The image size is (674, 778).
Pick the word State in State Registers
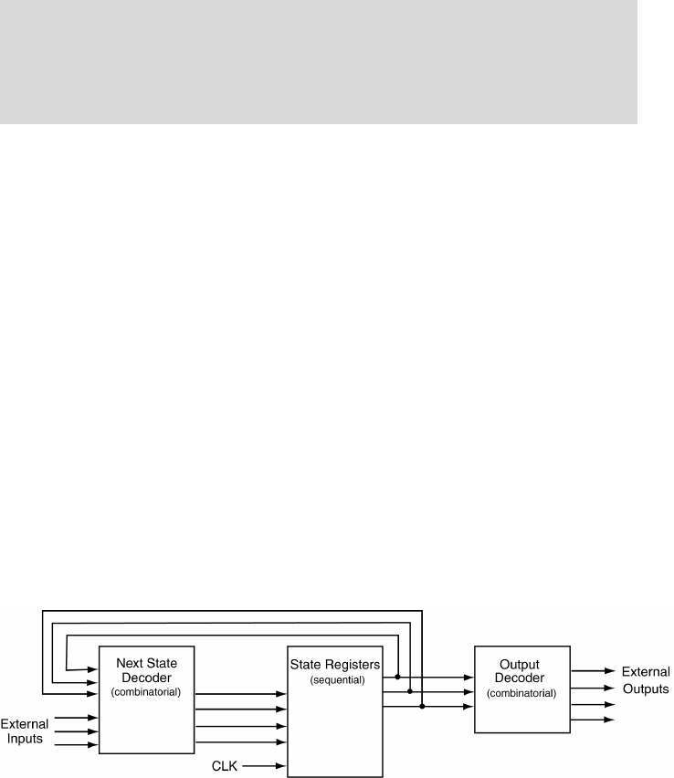(306, 665)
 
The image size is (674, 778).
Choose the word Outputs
(647, 688)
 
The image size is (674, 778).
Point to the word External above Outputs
(647, 672)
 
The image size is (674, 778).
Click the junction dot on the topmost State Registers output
(397, 678)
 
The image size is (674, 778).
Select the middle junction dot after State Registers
(409, 692)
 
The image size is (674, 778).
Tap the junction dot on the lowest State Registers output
(421, 706)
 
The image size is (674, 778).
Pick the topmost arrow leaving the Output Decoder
(594, 671)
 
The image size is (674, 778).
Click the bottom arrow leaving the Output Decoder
(594, 720)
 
